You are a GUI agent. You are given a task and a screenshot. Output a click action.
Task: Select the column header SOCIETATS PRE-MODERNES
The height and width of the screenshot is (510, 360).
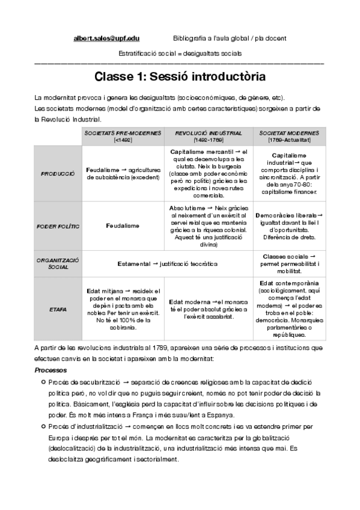pyautogui.click(x=123, y=136)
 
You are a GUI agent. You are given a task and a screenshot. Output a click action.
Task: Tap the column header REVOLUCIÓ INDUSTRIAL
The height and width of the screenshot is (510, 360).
pyautogui.click(x=209, y=136)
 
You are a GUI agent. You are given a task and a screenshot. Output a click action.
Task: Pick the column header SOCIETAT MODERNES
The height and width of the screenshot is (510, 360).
pyautogui.click(x=289, y=136)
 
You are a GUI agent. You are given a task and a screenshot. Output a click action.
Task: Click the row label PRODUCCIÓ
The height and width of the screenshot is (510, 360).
pyautogui.click(x=58, y=173)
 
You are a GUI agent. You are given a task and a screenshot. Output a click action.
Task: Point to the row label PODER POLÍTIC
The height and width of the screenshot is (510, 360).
pyautogui.click(x=58, y=226)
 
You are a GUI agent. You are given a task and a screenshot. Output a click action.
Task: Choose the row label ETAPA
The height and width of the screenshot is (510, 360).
pyautogui.click(x=58, y=309)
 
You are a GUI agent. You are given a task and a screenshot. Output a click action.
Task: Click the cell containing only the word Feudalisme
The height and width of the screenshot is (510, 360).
pyautogui.click(x=123, y=226)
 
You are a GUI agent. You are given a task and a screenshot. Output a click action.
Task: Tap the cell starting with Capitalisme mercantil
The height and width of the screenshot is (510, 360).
pyautogui.click(x=209, y=173)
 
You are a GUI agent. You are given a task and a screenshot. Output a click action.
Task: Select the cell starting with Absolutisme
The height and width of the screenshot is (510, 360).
pyautogui.click(x=209, y=226)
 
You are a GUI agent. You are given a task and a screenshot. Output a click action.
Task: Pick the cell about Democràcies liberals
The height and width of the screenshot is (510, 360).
pyautogui.click(x=289, y=226)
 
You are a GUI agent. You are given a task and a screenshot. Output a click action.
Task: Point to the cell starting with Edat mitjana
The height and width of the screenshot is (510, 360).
pyautogui.click(x=123, y=309)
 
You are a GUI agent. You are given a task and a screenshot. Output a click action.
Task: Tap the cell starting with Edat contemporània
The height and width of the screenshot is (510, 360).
pyautogui.click(x=289, y=309)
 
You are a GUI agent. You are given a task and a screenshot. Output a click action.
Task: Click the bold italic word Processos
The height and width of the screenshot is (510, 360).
pyautogui.click(x=50, y=370)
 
